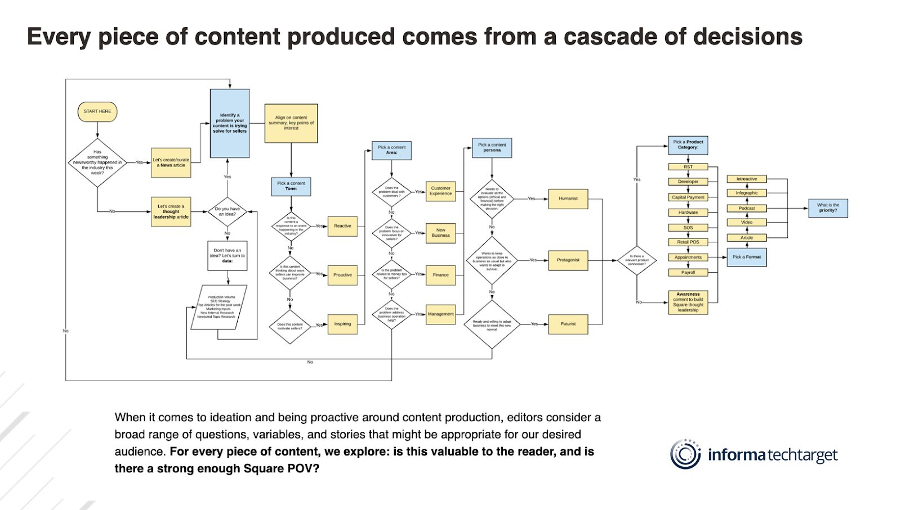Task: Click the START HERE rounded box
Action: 97,111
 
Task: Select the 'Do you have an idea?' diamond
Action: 228,211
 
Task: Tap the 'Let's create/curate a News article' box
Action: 171,163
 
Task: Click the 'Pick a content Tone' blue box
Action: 291,186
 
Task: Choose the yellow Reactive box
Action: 342,226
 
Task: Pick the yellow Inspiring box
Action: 342,324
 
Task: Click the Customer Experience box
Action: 440,191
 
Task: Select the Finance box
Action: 440,275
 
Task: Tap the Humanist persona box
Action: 568,198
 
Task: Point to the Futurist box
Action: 568,324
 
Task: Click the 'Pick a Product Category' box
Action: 688,145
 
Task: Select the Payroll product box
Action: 688,273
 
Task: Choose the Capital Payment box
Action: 688,197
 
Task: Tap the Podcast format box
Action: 747,208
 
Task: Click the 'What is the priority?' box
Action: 828,208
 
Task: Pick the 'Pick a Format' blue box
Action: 747,257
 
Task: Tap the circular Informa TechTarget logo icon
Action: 685,454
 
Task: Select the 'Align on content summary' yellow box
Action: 291,123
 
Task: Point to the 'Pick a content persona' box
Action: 492,148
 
